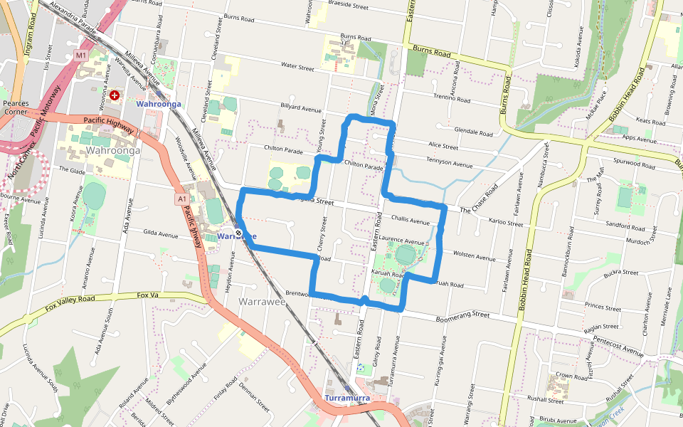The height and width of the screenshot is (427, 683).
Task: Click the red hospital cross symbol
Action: click(114, 94)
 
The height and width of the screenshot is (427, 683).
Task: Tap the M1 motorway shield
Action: click(80, 55)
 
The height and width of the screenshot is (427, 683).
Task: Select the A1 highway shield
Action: click(182, 199)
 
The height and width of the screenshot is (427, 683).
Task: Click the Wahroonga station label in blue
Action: click(159, 104)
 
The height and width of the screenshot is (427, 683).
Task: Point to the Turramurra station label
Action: click(346, 398)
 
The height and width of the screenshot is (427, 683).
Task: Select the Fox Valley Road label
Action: click(69, 302)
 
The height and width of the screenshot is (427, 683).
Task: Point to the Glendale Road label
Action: click(474, 132)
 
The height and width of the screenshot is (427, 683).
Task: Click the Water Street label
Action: click(297, 68)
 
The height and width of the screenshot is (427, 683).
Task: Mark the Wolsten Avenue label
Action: click(474, 255)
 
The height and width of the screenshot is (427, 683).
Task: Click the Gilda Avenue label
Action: click(160, 233)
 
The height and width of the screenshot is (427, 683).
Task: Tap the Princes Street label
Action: click(603, 307)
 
